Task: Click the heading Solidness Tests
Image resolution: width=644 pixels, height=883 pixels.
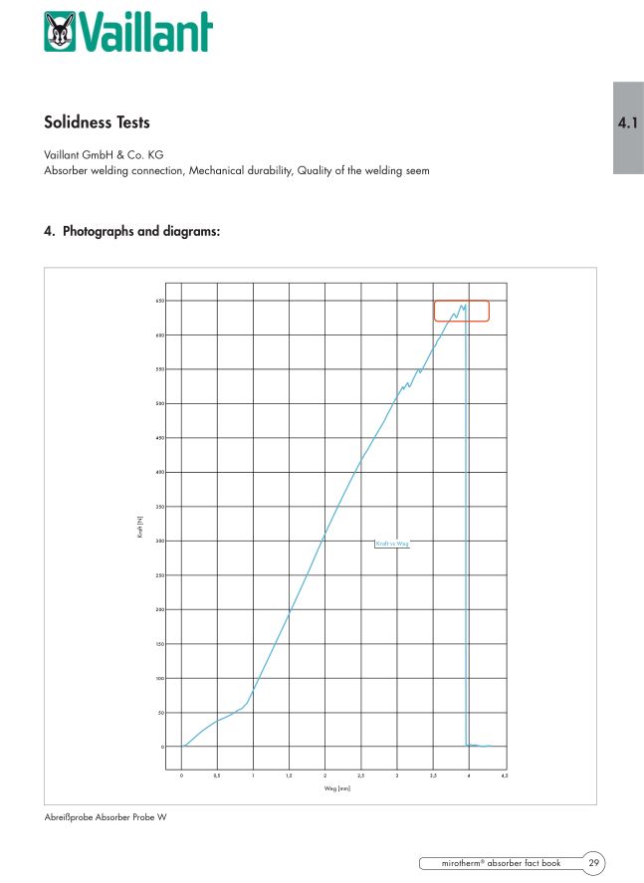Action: click(x=97, y=122)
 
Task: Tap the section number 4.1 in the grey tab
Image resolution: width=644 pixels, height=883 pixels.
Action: click(x=627, y=124)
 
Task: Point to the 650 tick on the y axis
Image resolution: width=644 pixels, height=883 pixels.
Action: click(x=160, y=301)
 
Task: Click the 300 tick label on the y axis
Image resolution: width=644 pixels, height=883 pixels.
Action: click(x=160, y=541)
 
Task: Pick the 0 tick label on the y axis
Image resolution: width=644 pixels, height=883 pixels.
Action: click(x=162, y=747)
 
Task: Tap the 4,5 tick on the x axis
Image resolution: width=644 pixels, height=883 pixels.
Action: click(x=505, y=774)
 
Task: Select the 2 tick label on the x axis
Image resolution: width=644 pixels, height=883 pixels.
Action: click(x=324, y=774)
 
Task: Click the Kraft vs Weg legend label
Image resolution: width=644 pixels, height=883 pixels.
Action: click(x=391, y=544)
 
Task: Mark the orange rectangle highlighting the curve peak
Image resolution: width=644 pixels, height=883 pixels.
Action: click(x=461, y=311)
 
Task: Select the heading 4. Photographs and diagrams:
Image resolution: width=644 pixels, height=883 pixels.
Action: click(x=131, y=231)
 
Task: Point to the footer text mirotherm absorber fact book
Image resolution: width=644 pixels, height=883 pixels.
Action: click(x=501, y=862)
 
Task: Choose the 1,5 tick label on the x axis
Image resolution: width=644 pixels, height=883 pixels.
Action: click(x=289, y=774)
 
